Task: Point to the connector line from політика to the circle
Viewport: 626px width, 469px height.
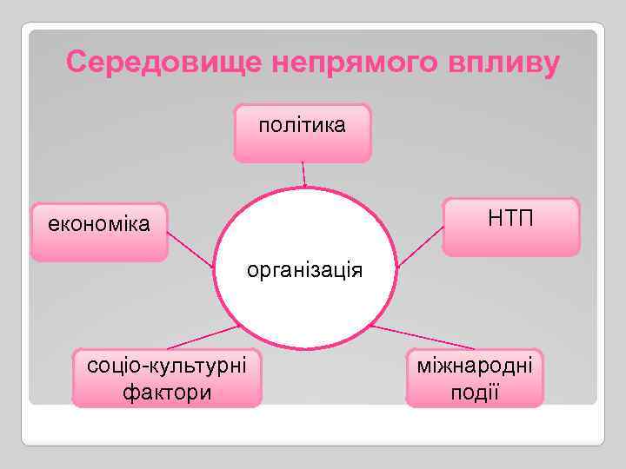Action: (x=303, y=174)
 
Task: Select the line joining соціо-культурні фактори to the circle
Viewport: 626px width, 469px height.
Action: (x=197, y=337)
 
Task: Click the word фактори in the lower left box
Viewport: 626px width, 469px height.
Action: (x=167, y=392)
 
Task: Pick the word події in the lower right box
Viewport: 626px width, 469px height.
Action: (x=475, y=392)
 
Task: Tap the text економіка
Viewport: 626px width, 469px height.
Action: (x=98, y=224)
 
